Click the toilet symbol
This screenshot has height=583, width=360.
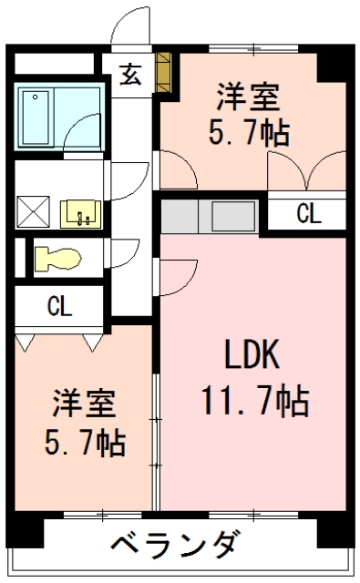point(57,258)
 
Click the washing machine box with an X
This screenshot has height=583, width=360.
point(33,212)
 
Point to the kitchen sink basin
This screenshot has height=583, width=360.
point(233,217)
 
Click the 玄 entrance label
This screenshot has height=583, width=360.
point(129,75)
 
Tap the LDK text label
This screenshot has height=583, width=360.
point(252,354)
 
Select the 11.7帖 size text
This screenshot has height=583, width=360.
point(255,402)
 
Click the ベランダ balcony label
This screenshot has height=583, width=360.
point(174,545)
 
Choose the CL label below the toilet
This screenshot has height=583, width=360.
point(59,306)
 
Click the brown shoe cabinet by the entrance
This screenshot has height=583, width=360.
point(163,72)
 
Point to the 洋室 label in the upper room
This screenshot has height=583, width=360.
point(249,97)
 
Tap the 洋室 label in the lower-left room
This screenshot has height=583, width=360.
point(85,403)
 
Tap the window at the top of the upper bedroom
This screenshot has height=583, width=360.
point(253,48)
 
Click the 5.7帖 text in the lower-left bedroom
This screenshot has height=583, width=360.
point(85,443)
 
